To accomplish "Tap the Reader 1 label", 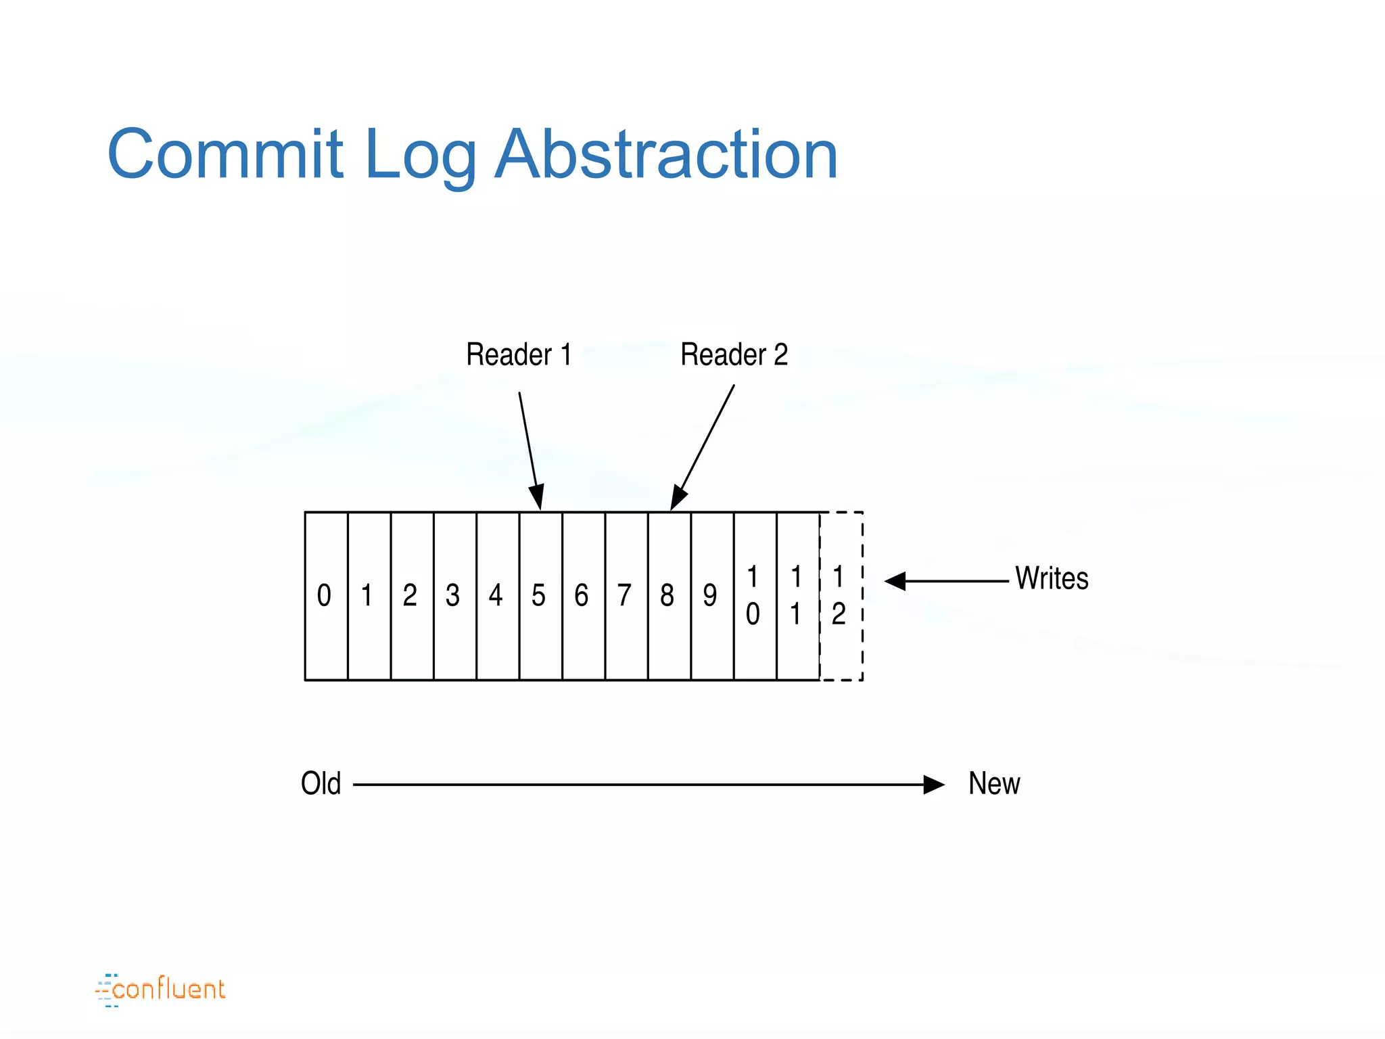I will [x=519, y=354].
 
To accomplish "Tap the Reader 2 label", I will [x=734, y=354].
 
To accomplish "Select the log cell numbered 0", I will [x=326, y=596].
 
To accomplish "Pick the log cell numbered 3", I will [x=454, y=596].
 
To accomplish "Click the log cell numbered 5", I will [x=540, y=596].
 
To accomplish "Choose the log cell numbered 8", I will [x=669, y=596].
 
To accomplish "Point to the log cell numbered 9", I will [x=711, y=596].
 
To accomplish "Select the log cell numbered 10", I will [x=755, y=596].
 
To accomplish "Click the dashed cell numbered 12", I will [x=841, y=596].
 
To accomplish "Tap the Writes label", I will [x=1052, y=579].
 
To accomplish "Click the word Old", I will [x=321, y=784].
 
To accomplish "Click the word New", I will [x=993, y=784].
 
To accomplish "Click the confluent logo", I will [x=160, y=990].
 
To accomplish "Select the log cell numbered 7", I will [x=626, y=596].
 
